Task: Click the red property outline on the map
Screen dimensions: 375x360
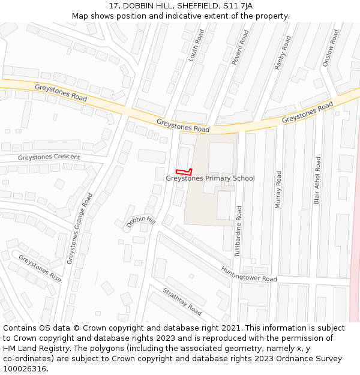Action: click(183, 171)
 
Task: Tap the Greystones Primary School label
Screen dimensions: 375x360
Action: click(210, 178)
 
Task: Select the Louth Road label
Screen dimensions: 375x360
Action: click(196, 45)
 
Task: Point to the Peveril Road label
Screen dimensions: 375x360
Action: click(240, 47)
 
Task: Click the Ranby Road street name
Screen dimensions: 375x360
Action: click(283, 52)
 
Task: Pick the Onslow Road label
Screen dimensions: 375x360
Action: click(331, 47)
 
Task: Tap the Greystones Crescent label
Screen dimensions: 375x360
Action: click(49, 157)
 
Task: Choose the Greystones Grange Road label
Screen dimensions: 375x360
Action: click(80, 229)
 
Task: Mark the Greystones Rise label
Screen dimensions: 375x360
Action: click(40, 268)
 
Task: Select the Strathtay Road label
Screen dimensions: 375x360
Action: click(182, 301)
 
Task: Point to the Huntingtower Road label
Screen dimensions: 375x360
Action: click(248, 274)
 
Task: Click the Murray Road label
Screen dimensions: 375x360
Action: click(278, 190)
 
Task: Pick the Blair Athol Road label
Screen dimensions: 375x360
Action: click(317, 180)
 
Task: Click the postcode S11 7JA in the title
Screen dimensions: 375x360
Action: click(238, 6)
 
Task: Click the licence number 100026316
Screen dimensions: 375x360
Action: click(25, 369)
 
